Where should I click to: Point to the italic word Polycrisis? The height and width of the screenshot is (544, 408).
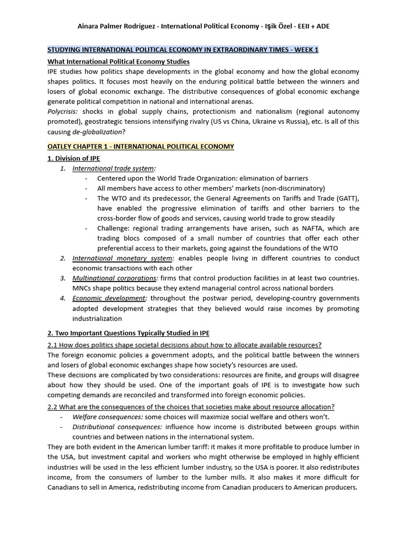pyautogui.click(x=62, y=112)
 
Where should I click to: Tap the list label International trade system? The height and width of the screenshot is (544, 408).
pyautogui.click(x=113, y=168)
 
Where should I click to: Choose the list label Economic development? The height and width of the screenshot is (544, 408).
pyautogui.click(x=109, y=299)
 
